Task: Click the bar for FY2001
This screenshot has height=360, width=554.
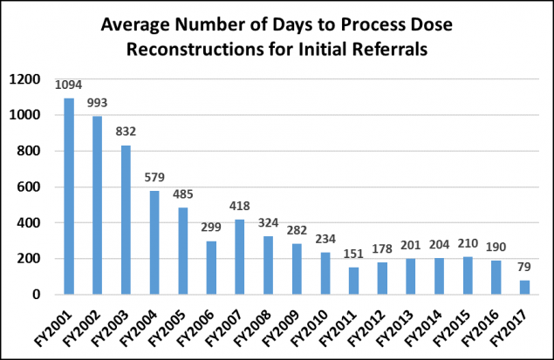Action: point(68,197)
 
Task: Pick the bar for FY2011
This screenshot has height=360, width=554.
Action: point(354,281)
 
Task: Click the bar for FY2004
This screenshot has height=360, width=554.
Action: point(154,242)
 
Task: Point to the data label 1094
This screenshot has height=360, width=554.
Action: point(68,86)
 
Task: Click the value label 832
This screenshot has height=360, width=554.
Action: point(126,132)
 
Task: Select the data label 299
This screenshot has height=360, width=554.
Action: point(211,228)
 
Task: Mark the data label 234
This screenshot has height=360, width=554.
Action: point(325,240)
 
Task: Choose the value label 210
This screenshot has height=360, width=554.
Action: point(469,244)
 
